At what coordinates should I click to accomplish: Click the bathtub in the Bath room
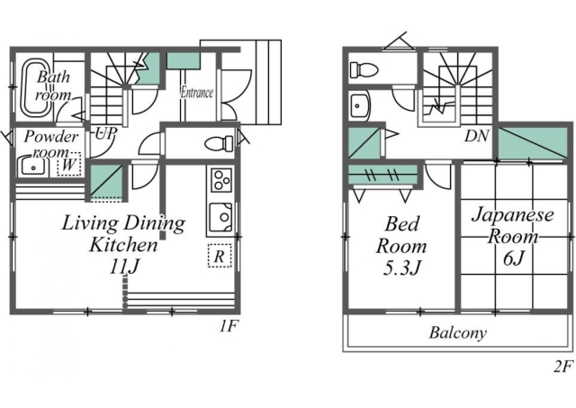click(x=36, y=87)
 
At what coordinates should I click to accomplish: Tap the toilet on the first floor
click(x=219, y=143)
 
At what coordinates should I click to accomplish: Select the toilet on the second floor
click(x=364, y=69)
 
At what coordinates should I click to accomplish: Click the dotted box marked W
click(x=69, y=164)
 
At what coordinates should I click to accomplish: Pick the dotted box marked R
click(x=220, y=256)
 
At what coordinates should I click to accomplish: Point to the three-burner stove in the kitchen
click(x=220, y=180)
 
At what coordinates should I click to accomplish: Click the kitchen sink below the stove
click(x=220, y=217)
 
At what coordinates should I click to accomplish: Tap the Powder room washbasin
click(x=32, y=167)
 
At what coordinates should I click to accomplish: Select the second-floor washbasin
click(x=360, y=106)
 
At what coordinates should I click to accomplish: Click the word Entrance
click(x=196, y=92)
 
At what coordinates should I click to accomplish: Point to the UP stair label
click(x=106, y=134)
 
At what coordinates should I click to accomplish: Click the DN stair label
click(x=476, y=136)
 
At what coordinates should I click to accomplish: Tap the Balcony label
click(x=458, y=332)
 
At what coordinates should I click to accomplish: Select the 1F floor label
click(x=229, y=326)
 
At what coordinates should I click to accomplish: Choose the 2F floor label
click(x=563, y=367)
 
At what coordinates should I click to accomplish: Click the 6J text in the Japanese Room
click(x=513, y=258)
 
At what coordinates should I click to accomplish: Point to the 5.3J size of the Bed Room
click(x=401, y=268)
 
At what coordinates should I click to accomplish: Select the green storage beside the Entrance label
click(x=184, y=61)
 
